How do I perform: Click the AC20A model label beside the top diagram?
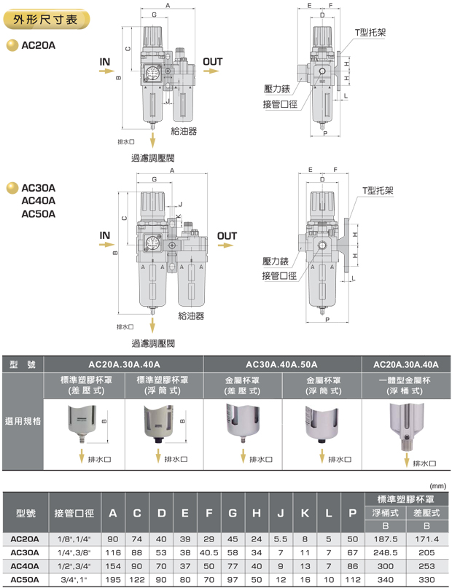pyautogui.click(x=39, y=45)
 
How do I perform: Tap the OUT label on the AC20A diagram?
pyautogui.click(x=213, y=62)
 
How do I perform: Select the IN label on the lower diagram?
pyautogui.click(x=105, y=236)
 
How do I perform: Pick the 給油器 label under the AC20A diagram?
pyautogui.click(x=184, y=131)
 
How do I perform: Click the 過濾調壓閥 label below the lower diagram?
pyautogui.click(x=153, y=343)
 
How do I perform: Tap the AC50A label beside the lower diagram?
pyautogui.click(x=39, y=214)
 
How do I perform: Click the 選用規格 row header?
pyautogui.click(x=23, y=421)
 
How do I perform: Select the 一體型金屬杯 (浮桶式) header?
pyautogui.click(x=405, y=385)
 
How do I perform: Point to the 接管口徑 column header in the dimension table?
pyautogui.click(x=74, y=514)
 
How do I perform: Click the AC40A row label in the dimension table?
pyautogui.click(x=25, y=565)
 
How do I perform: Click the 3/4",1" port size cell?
pyautogui.click(x=74, y=579)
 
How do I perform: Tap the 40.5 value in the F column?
pyautogui.click(x=209, y=552)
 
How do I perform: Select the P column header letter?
pyautogui.click(x=352, y=514)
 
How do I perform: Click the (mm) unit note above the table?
pyautogui.click(x=437, y=485)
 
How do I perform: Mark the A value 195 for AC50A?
pyautogui.click(x=113, y=579)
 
